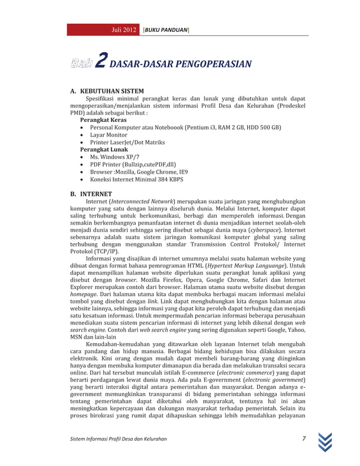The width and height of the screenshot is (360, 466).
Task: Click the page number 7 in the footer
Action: [x=304, y=439]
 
